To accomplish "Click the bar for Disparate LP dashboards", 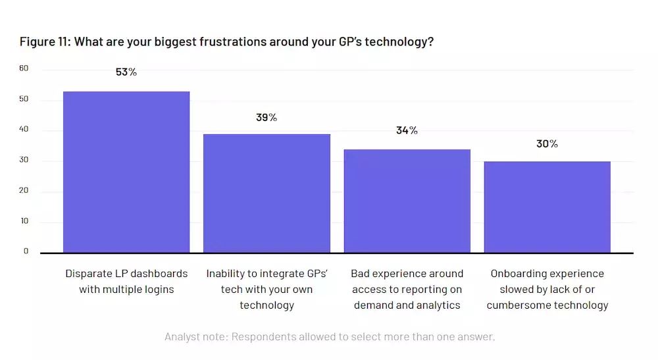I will click(126, 172).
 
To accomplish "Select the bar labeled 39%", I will click(266, 193).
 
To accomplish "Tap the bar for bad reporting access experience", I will click(407, 201).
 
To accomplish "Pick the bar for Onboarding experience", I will click(547, 207).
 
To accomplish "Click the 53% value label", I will click(126, 72).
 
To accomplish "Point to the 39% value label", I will click(266, 118).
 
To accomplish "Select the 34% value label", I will click(407, 130).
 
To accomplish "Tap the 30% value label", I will click(547, 143).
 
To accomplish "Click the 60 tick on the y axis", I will click(24, 68).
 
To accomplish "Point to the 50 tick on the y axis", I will click(24, 99).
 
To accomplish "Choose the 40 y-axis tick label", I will click(24, 130).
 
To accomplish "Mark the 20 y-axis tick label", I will click(24, 191).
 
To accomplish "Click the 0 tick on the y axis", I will click(26, 251).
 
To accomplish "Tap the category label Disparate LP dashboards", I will click(126, 282).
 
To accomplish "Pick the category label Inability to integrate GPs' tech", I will click(266, 290).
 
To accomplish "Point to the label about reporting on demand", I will click(407, 290).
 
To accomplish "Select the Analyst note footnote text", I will click(329, 337).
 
